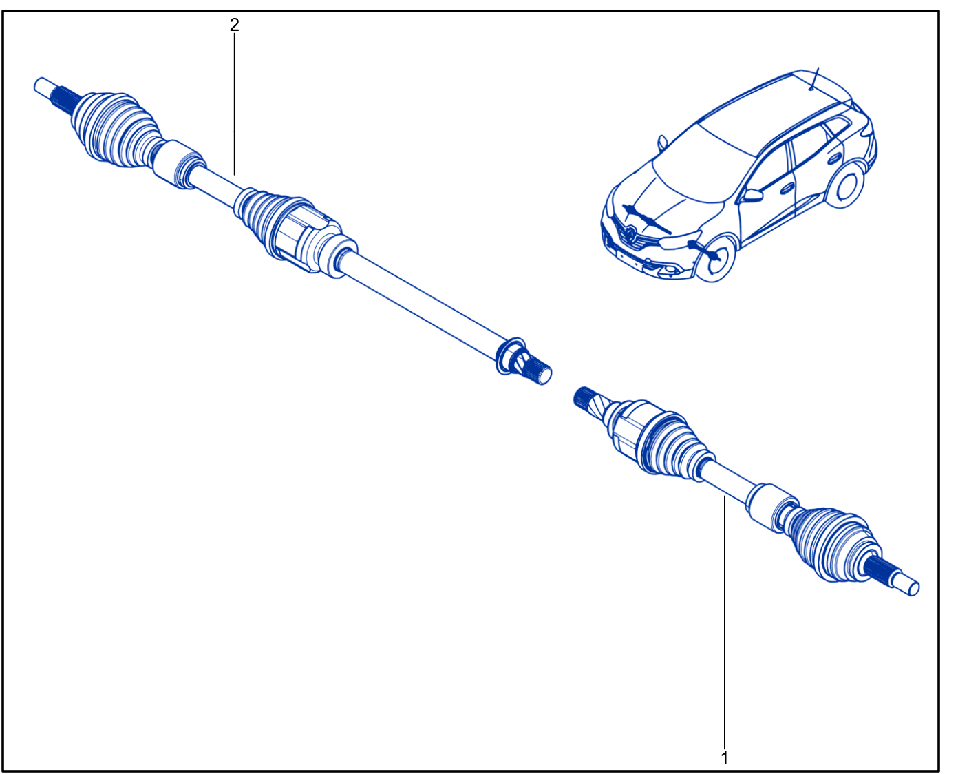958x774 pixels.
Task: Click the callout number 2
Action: [234, 25]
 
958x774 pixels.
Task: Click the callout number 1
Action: [724, 757]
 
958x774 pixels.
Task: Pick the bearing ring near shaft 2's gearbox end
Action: [511, 355]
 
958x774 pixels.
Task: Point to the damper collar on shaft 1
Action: [771, 508]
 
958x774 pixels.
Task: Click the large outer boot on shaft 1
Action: [833, 545]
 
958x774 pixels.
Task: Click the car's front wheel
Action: [718, 258]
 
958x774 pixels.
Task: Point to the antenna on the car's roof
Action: [813, 79]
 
